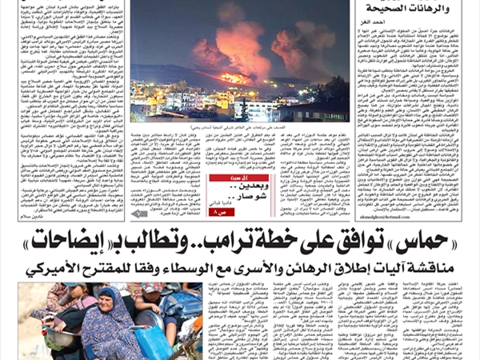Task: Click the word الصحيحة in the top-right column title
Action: coord(404,9)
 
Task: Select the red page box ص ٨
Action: coord(210,214)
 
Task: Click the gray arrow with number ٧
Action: coord(141,214)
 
